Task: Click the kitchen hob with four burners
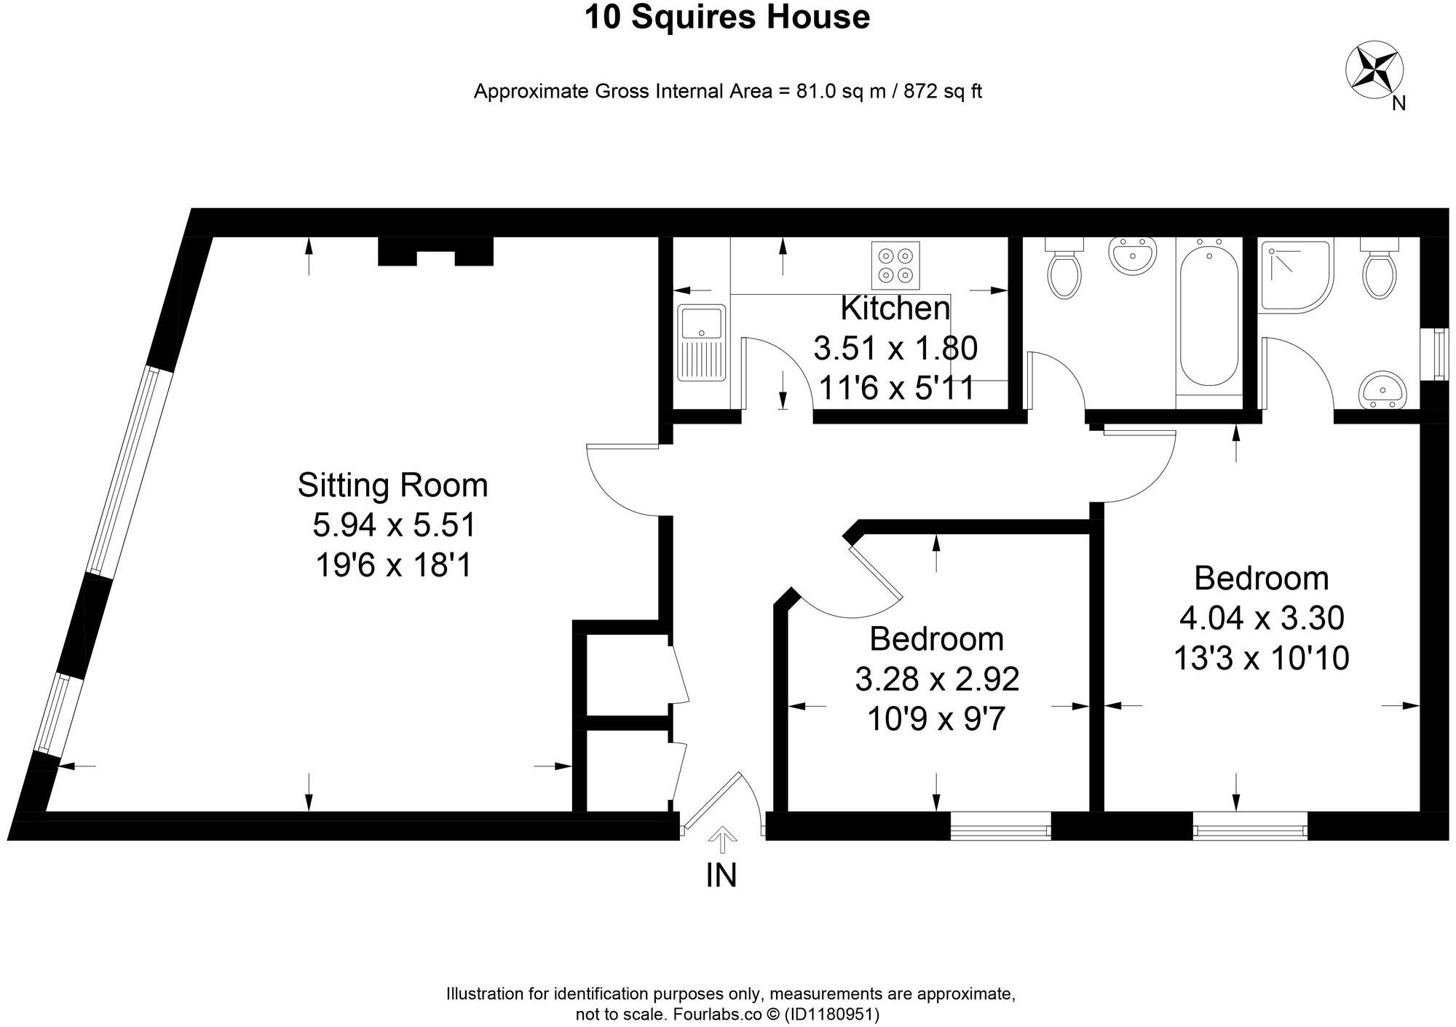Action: [895, 266]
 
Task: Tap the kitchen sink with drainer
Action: [701, 343]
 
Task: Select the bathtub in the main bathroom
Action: [1209, 317]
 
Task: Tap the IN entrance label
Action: [721, 876]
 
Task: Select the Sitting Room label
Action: [392, 485]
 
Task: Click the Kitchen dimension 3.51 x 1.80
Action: [895, 349]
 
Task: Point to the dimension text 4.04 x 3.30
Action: [1261, 619]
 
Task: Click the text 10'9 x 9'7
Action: [935, 720]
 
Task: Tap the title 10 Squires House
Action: [727, 17]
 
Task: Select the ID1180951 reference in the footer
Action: [831, 1014]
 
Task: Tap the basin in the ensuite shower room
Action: [1382, 390]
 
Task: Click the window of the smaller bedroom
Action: [1000, 825]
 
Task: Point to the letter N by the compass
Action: [1398, 103]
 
